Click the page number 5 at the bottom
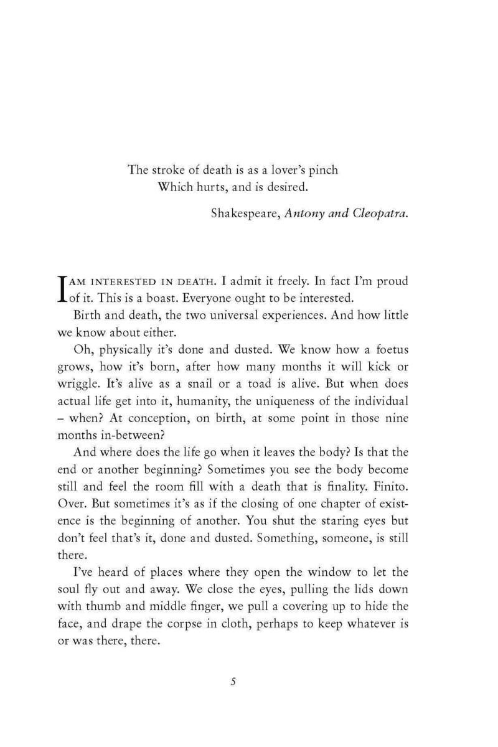tap(233, 682)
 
